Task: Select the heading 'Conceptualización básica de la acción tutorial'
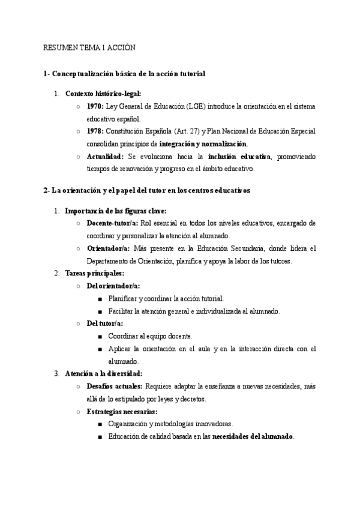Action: coord(129,74)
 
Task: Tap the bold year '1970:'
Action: coord(95,106)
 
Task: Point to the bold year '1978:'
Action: coord(95,131)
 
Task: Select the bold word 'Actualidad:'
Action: coord(106,157)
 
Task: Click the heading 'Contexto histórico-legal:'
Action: coord(103,94)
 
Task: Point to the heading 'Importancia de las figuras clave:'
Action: coord(116,211)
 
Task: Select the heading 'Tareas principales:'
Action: coord(95,273)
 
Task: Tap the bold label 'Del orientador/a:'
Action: coord(113,286)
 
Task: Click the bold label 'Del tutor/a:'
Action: coord(104,323)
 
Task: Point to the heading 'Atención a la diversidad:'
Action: coord(104,373)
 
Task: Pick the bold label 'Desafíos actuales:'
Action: coord(115,386)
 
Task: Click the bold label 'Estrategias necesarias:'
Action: coord(122,411)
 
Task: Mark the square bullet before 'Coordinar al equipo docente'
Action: coord(100,336)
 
